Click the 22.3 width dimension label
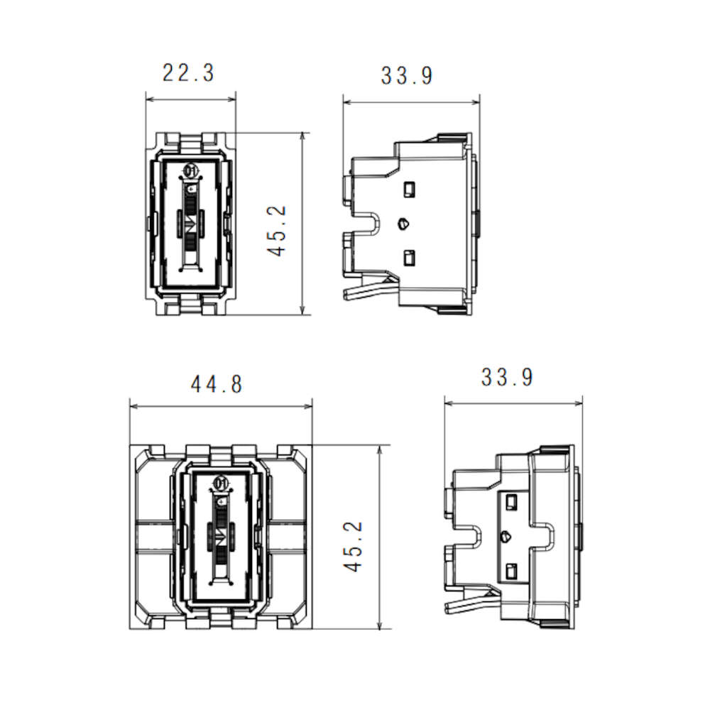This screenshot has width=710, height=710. (188, 73)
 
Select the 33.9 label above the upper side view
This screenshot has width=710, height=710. (407, 76)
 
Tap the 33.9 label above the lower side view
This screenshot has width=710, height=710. (507, 378)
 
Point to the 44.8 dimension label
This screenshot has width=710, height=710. (217, 385)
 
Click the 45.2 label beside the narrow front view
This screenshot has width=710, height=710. (277, 231)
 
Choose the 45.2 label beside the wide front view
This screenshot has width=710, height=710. (353, 547)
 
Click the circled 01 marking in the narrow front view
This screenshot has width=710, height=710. (191, 170)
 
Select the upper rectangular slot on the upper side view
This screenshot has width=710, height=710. (410, 190)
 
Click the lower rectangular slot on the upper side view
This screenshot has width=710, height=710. (410, 258)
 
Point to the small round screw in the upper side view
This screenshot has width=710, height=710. (403, 224)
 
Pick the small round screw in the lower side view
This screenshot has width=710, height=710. (506, 537)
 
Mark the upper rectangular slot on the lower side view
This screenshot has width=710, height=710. (512, 503)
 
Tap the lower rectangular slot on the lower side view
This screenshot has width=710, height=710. (512, 572)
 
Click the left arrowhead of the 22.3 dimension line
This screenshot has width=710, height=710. (150, 99)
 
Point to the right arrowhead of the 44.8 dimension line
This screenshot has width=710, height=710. (308, 406)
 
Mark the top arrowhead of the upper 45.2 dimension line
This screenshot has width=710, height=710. (302, 137)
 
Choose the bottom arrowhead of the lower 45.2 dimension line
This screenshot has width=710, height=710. (380, 624)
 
